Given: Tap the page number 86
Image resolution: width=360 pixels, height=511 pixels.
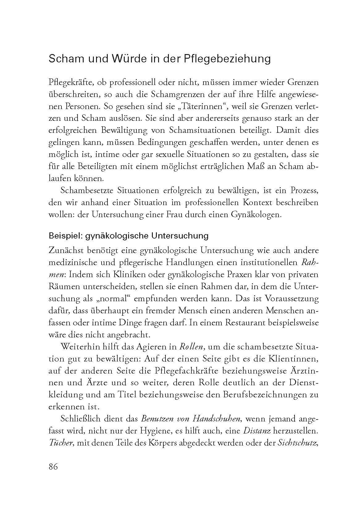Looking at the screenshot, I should click(53, 467).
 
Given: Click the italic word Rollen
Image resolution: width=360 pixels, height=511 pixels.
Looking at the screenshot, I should click(191, 346).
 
